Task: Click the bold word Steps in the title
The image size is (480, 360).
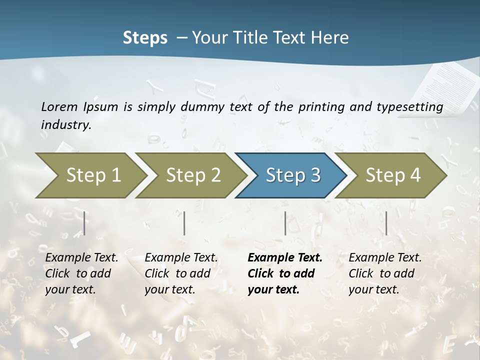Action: pos(145,37)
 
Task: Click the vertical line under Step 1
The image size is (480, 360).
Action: pos(84,223)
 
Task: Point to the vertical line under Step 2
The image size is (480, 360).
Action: pos(184,223)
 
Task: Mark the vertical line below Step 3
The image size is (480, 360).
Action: pos(285,223)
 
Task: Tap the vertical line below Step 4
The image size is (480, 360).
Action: pos(386,223)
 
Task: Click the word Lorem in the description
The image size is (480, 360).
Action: pos(59,106)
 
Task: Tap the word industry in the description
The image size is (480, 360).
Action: pos(66,124)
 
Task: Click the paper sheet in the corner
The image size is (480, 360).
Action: pos(447,87)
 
